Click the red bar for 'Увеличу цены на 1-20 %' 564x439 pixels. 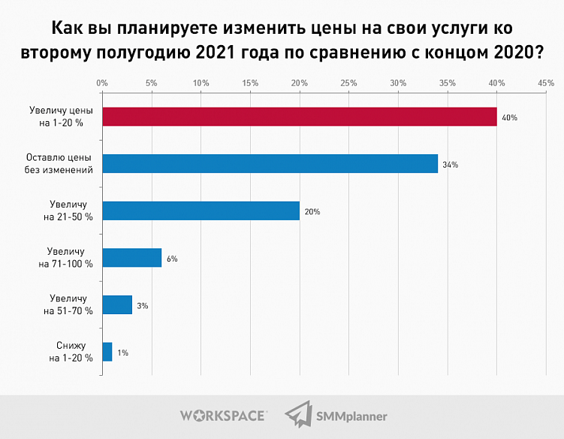(299, 117)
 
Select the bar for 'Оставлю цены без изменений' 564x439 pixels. (270, 163)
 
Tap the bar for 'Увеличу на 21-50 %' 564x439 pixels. (201, 210)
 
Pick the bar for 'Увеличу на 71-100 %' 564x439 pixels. (131, 258)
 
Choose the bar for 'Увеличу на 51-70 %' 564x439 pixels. (117, 304)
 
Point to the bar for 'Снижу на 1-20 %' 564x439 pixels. (107, 352)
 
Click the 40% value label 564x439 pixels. (510, 118)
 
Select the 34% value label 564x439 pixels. (451, 165)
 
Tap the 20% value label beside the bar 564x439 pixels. (312, 212)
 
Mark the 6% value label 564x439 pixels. (172, 259)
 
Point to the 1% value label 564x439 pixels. (122, 353)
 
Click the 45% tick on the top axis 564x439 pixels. (545, 83)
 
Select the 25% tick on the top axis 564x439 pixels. (348, 83)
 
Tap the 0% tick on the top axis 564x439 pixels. (102, 83)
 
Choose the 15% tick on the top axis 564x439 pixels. (249, 83)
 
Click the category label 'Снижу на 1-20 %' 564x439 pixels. (71, 352)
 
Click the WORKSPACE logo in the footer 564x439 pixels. (223, 415)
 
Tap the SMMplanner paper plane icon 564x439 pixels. (298, 415)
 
